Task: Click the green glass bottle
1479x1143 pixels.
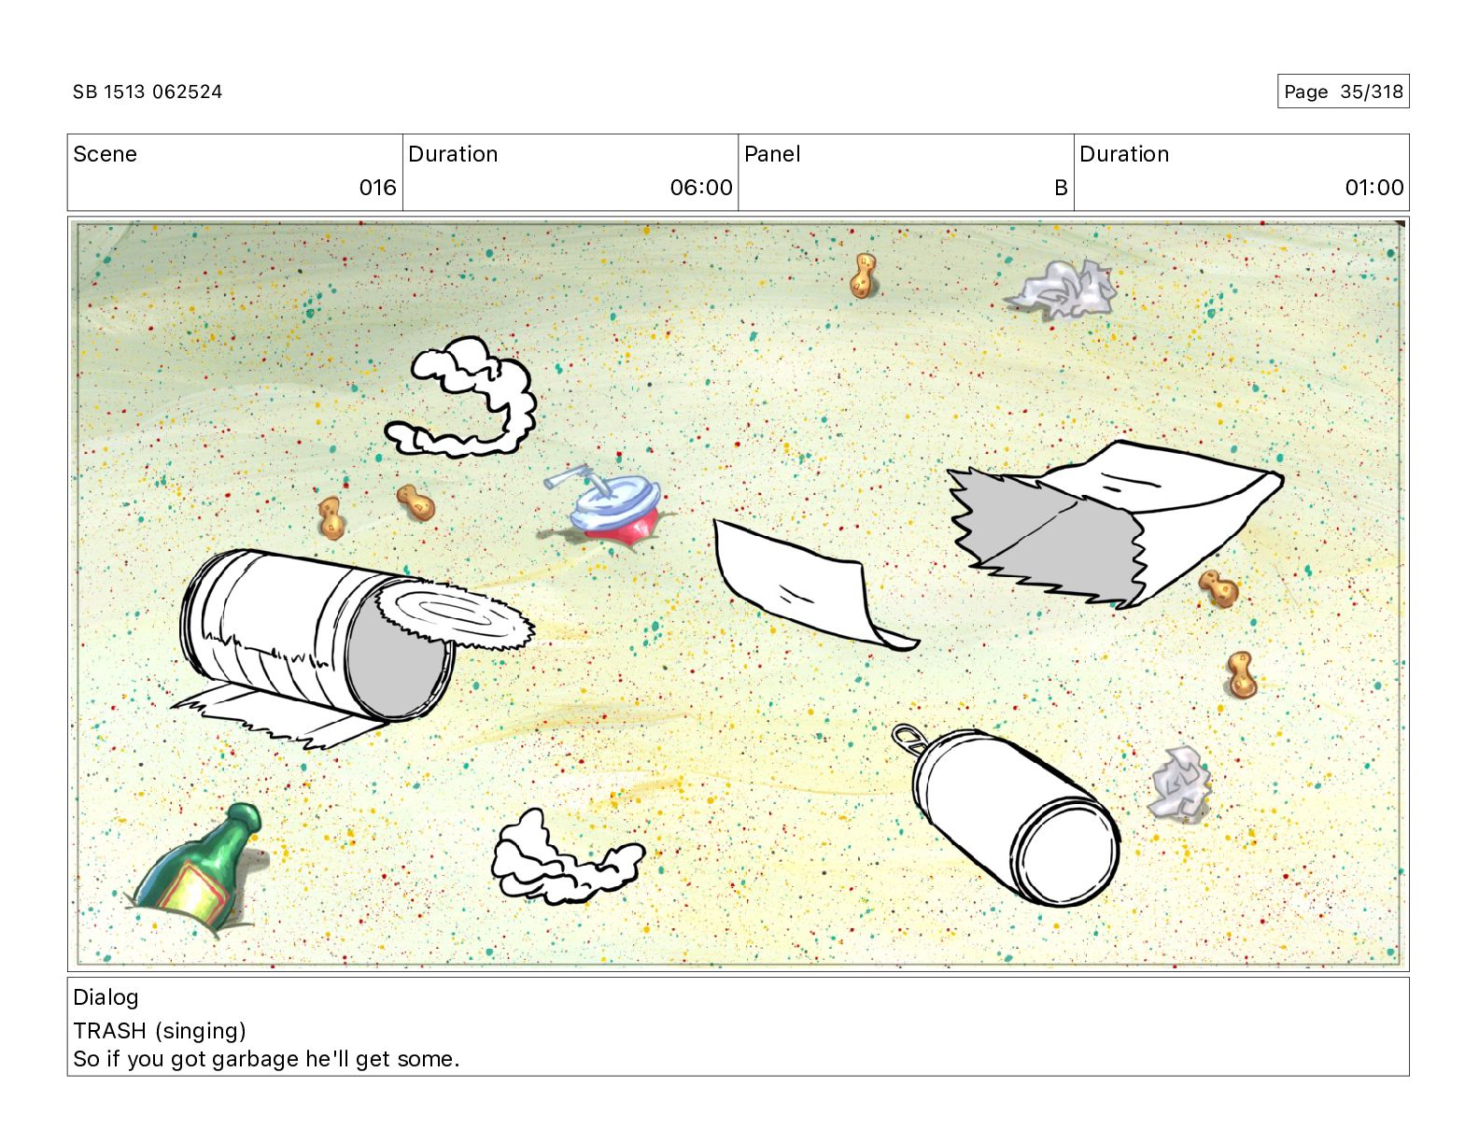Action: tap(197, 868)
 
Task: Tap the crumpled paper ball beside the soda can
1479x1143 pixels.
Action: tap(1179, 783)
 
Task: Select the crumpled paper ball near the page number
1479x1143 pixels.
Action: tap(1063, 289)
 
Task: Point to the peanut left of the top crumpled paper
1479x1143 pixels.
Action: tap(863, 275)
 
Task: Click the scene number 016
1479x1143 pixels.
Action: tap(377, 187)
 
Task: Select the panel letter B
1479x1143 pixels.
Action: tap(1061, 187)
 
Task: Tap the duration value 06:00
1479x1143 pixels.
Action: tap(701, 187)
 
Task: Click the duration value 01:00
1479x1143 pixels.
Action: tap(1374, 187)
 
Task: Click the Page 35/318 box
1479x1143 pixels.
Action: tap(1343, 92)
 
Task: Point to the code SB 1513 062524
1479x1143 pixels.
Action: tap(148, 92)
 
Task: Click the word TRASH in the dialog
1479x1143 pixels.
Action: tap(109, 1031)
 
